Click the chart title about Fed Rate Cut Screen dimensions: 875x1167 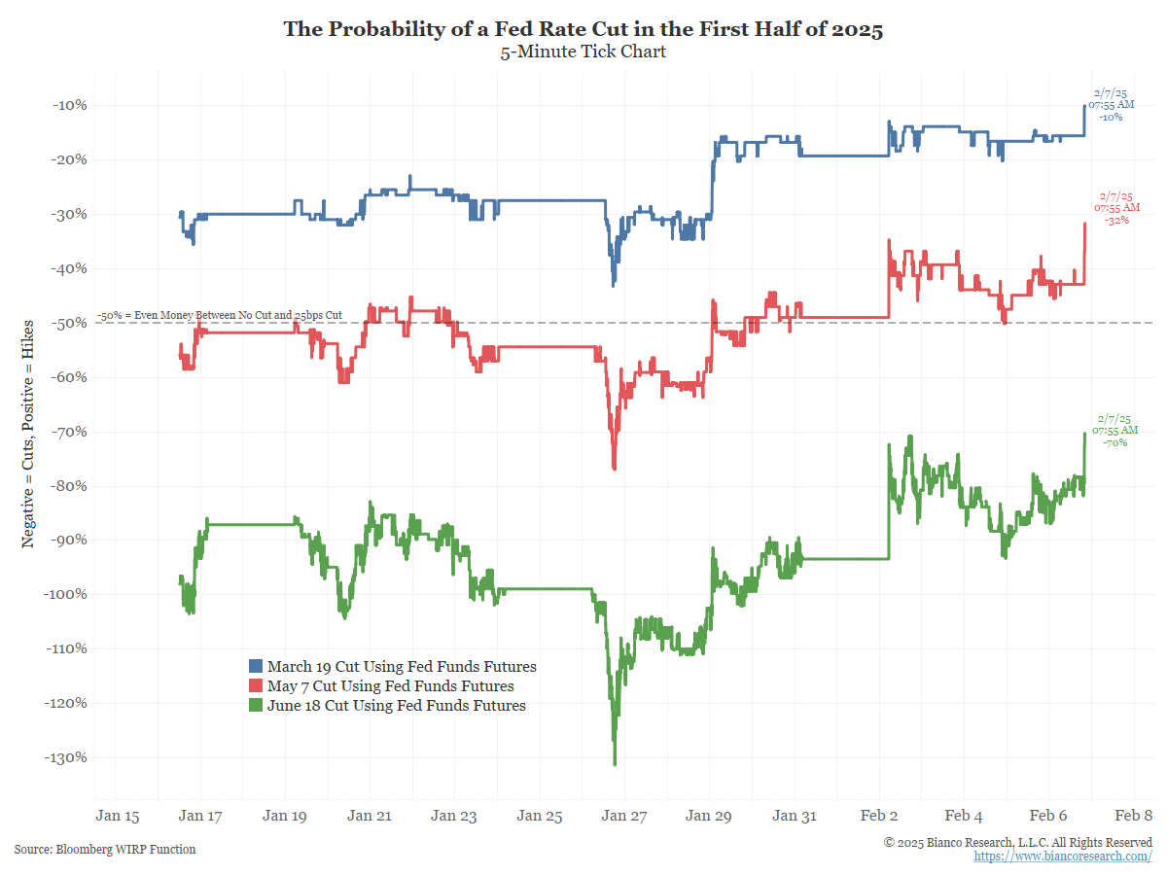coord(583,29)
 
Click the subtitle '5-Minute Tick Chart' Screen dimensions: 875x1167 coord(583,52)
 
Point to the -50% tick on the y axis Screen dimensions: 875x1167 coord(70,323)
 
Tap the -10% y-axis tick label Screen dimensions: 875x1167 coord(70,105)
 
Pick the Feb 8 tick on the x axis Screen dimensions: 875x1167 coord(1134,816)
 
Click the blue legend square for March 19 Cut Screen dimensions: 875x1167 coord(256,667)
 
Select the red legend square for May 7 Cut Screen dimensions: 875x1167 coord(256,686)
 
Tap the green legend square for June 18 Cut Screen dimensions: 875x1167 coord(256,706)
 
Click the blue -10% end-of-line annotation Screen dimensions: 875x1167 coord(1111,105)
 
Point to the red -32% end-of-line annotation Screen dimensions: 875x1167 coord(1115,208)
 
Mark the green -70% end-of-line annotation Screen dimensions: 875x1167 coord(1114,431)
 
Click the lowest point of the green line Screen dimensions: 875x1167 coord(615,764)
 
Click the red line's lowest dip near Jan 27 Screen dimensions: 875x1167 coord(615,469)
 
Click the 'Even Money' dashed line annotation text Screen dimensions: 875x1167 coord(220,316)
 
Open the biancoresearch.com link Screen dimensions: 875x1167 coord(1063,857)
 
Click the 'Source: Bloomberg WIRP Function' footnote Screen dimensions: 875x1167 coord(105,850)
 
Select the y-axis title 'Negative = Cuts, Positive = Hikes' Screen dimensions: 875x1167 coord(28,433)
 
